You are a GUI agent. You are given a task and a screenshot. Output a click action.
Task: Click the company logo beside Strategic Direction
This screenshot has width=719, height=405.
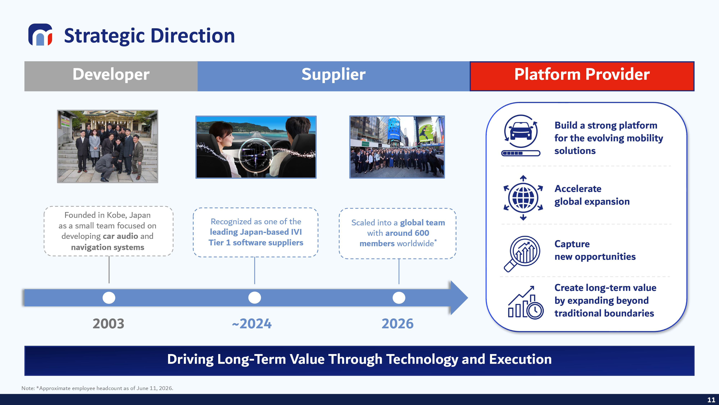pos(40,35)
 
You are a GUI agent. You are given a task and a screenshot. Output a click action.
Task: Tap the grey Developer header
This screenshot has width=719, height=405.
pos(111,76)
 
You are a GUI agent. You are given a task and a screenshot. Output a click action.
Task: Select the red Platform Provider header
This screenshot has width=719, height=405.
pos(582,76)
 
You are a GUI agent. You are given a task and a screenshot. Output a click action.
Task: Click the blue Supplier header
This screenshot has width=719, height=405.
pos(334,76)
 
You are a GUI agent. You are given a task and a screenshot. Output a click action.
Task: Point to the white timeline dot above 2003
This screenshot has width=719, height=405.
pos(109,298)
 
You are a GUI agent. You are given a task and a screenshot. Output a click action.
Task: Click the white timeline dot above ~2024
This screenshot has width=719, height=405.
pos(255,298)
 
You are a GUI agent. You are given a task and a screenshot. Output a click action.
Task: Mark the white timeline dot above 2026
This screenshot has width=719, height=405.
pos(399,298)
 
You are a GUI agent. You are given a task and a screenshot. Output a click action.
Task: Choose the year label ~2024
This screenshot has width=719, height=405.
pos(252,324)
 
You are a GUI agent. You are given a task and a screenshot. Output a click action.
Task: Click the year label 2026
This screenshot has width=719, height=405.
pos(397,324)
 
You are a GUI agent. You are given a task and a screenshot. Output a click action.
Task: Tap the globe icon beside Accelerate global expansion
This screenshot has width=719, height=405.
pos(523,198)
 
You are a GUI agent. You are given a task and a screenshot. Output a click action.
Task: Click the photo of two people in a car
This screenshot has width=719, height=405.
pos(256,147)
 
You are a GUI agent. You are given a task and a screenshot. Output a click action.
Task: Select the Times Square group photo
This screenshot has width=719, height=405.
pos(397,147)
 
